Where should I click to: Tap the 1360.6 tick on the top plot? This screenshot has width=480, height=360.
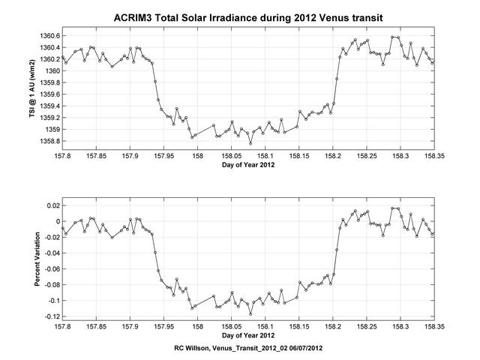click(47, 35)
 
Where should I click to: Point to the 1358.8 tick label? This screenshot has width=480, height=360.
click(47, 141)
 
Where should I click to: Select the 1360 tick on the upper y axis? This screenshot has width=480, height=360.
click(52, 70)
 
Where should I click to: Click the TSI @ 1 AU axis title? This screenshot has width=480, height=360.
click(32, 88)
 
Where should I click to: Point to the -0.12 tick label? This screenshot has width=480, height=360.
click(49, 316)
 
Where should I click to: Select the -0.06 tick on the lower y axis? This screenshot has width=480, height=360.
click(49, 268)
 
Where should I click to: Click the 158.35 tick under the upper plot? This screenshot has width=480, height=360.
click(434, 156)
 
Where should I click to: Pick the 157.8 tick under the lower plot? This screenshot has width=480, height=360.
click(63, 326)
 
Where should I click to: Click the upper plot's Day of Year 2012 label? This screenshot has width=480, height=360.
click(248, 166)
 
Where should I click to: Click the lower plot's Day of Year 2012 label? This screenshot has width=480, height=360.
click(248, 336)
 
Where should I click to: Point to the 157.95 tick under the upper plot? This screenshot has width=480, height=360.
click(164, 156)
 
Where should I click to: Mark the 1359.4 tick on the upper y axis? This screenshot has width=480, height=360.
click(47, 106)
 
